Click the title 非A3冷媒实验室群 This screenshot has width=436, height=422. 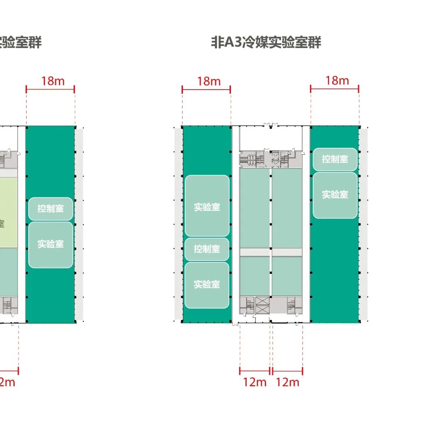(266, 42)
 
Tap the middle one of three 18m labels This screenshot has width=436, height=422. (209, 81)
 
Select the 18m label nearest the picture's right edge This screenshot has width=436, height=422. (337, 80)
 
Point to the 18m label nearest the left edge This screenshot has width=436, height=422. (52, 81)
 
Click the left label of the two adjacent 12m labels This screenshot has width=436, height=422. (255, 382)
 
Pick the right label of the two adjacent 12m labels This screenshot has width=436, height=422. (287, 382)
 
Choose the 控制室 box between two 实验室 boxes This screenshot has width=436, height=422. (207, 249)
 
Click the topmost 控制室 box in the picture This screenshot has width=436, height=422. (335, 159)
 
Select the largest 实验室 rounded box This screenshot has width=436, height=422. (207, 206)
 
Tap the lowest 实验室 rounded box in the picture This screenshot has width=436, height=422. (207, 285)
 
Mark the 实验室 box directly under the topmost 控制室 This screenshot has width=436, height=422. (335, 195)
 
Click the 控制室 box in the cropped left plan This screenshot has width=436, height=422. (50, 209)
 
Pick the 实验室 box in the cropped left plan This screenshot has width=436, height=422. (50, 244)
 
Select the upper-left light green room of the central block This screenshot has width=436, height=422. (254, 207)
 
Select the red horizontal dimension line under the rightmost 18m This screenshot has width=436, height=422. (335, 89)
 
